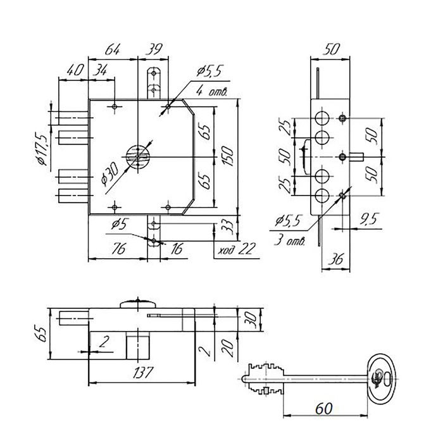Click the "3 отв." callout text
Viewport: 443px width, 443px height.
pos(290,241)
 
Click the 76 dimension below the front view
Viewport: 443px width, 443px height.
pos(117,249)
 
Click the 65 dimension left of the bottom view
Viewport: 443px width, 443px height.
pos(41,331)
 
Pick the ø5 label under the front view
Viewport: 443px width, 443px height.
pos(120,224)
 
